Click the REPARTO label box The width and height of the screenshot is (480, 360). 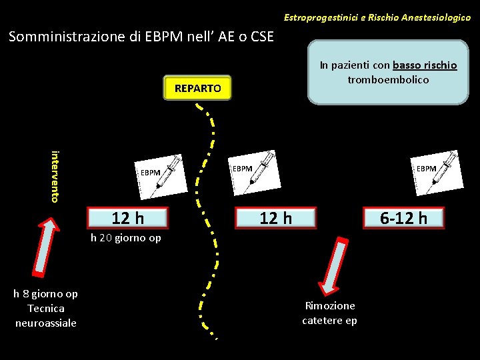197,87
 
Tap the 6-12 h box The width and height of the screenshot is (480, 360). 403,217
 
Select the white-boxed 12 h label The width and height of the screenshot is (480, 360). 128,217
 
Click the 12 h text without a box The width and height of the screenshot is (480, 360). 275,217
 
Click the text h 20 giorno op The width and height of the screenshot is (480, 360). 126,238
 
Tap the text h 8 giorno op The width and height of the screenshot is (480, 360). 46,293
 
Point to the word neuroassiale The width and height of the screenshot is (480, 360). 46,323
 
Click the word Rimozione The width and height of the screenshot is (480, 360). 330,305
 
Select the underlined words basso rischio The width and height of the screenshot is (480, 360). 425,65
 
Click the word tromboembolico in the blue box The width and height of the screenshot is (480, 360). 388,80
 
